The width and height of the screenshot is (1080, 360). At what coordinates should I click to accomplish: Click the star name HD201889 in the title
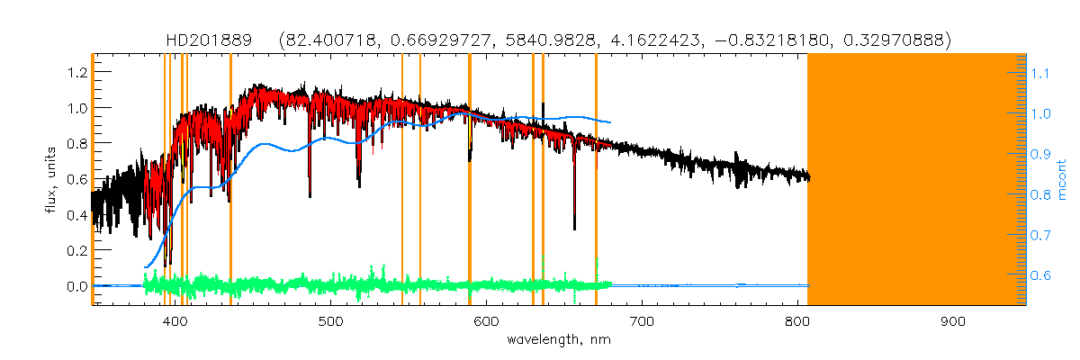(x=216, y=40)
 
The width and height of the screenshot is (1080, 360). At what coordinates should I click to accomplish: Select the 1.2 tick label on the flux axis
(x=76, y=71)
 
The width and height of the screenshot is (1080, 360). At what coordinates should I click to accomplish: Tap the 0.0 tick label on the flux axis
(x=76, y=286)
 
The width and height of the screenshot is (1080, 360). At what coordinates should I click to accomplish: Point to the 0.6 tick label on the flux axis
(x=76, y=179)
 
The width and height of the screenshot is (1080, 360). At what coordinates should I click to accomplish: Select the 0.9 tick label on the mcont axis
(x=1041, y=154)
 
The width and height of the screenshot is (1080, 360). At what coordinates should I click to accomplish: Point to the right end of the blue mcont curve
(x=611, y=122)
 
